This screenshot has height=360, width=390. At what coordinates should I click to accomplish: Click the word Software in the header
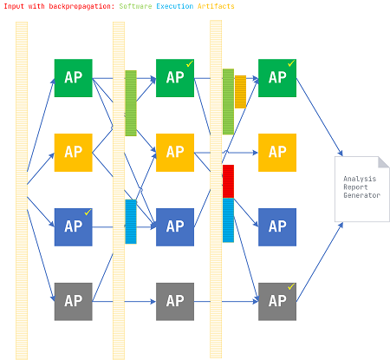[135, 6]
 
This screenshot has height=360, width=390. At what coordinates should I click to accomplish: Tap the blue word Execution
[175, 6]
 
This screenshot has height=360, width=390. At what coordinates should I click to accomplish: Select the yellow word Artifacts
[216, 6]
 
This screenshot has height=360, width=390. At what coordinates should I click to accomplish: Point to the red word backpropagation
[81, 6]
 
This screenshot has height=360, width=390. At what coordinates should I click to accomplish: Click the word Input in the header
[14, 6]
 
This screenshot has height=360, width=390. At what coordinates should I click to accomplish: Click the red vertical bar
[228, 181]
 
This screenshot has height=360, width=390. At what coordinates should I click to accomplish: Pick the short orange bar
[240, 92]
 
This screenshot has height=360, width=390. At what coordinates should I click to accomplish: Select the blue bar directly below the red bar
[228, 220]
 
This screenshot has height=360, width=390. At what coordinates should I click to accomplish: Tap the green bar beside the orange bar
[228, 101]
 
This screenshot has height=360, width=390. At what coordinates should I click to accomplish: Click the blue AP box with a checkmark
[74, 227]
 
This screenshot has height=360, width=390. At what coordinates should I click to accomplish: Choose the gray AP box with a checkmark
[277, 302]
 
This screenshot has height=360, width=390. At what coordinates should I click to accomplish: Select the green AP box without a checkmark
[74, 78]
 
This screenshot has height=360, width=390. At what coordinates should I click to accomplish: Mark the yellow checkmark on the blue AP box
[88, 213]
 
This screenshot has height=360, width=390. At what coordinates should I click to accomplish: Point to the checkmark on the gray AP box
[291, 286]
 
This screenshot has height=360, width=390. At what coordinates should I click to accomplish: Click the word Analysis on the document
[360, 179]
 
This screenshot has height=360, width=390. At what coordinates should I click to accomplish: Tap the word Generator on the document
[361, 195]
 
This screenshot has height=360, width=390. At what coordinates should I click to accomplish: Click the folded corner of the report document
[384, 162]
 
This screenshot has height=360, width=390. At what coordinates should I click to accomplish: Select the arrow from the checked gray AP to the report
[320, 262]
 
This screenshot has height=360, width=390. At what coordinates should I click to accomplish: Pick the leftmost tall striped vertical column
[22, 191]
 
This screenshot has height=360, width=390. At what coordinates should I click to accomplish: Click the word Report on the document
[355, 187]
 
